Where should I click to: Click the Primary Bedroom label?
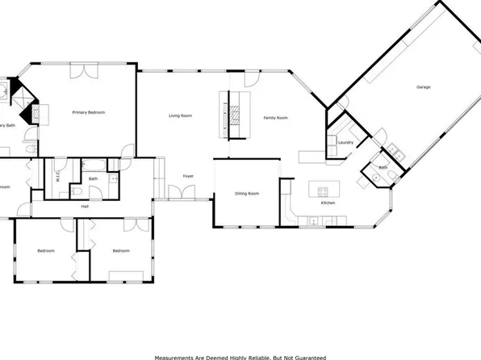(89, 112)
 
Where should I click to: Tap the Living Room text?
(180, 116)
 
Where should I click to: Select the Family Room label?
(276, 118)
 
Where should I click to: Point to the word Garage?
(423, 86)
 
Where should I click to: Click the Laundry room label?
(346, 143)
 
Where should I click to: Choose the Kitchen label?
(328, 203)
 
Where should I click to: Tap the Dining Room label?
(247, 194)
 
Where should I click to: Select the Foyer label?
(188, 175)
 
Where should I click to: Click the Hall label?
(85, 207)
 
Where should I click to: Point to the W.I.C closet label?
(59, 181)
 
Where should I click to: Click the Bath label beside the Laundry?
(383, 168)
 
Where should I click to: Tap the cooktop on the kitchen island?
(323, 191)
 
